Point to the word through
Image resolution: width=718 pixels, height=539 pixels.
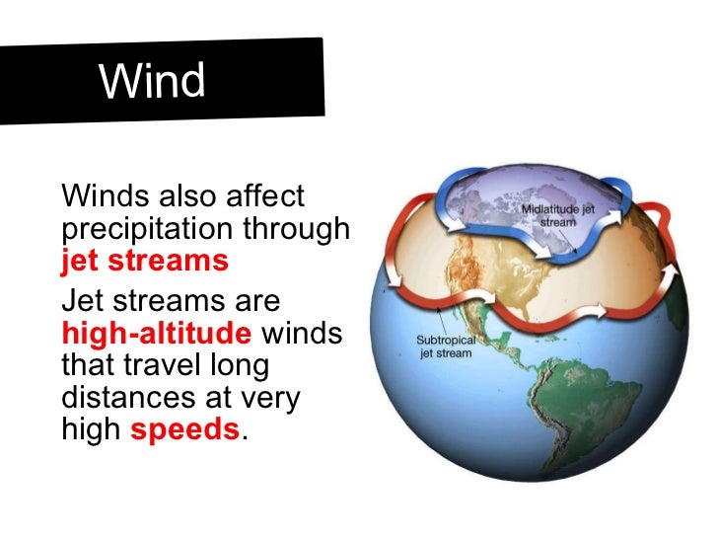coord(301,229)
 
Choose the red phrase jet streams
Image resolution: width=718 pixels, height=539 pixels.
coord(144,262)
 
